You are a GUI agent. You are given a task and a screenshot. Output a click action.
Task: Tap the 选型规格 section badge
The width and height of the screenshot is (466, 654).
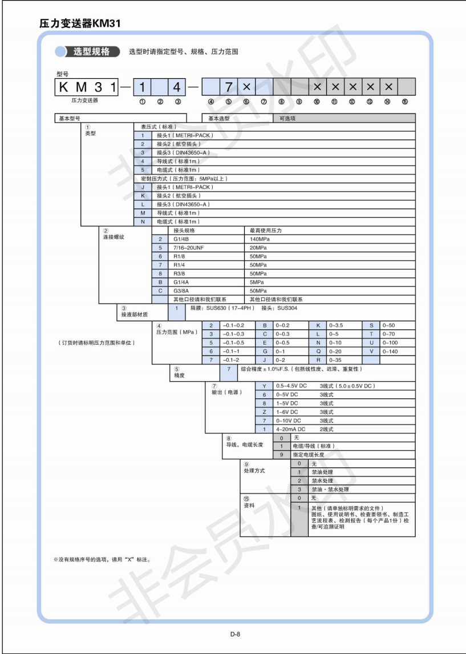(91, 52)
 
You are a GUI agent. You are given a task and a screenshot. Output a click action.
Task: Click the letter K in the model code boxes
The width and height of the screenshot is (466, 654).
(63, 87)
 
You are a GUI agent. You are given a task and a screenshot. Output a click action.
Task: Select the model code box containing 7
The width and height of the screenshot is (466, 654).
(229, 87)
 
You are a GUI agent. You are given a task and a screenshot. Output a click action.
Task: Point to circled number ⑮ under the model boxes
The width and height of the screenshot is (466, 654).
(404, 102)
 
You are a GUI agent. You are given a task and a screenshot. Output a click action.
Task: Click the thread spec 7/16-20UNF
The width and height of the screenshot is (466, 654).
(188, 248)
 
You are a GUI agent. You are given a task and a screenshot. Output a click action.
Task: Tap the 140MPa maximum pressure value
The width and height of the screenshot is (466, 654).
(260, 239)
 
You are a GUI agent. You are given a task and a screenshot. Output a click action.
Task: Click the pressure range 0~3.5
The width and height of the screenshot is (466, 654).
(337, 325)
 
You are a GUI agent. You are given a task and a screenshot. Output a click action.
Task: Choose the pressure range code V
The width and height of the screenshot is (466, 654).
(371, 350)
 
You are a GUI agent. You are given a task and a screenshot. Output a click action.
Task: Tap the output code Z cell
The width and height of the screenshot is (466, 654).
(264, 411)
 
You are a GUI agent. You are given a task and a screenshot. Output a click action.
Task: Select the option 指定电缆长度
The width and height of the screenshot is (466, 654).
(309, 454)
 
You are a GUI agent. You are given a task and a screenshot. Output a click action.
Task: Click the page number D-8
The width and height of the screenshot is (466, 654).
(235, 633)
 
